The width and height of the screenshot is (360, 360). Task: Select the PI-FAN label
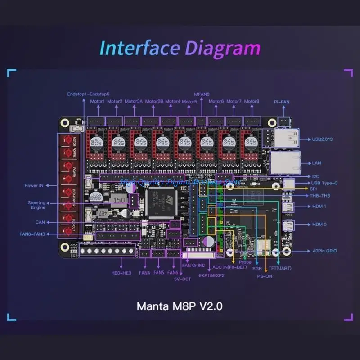[282, 102]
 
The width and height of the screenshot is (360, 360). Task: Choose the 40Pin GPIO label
[324, 251]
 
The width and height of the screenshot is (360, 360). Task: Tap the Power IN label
[34, 185]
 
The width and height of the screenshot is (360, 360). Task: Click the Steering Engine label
[36, 205]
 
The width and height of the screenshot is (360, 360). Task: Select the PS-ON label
[265, 276]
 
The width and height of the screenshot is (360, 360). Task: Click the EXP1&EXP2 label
[212, 275]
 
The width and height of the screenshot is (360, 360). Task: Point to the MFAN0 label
[202, 94]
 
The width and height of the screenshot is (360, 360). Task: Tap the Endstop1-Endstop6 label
[89, 94]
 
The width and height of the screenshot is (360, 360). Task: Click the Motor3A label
[134, 101]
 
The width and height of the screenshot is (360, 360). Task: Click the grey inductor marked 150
[119, 200]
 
